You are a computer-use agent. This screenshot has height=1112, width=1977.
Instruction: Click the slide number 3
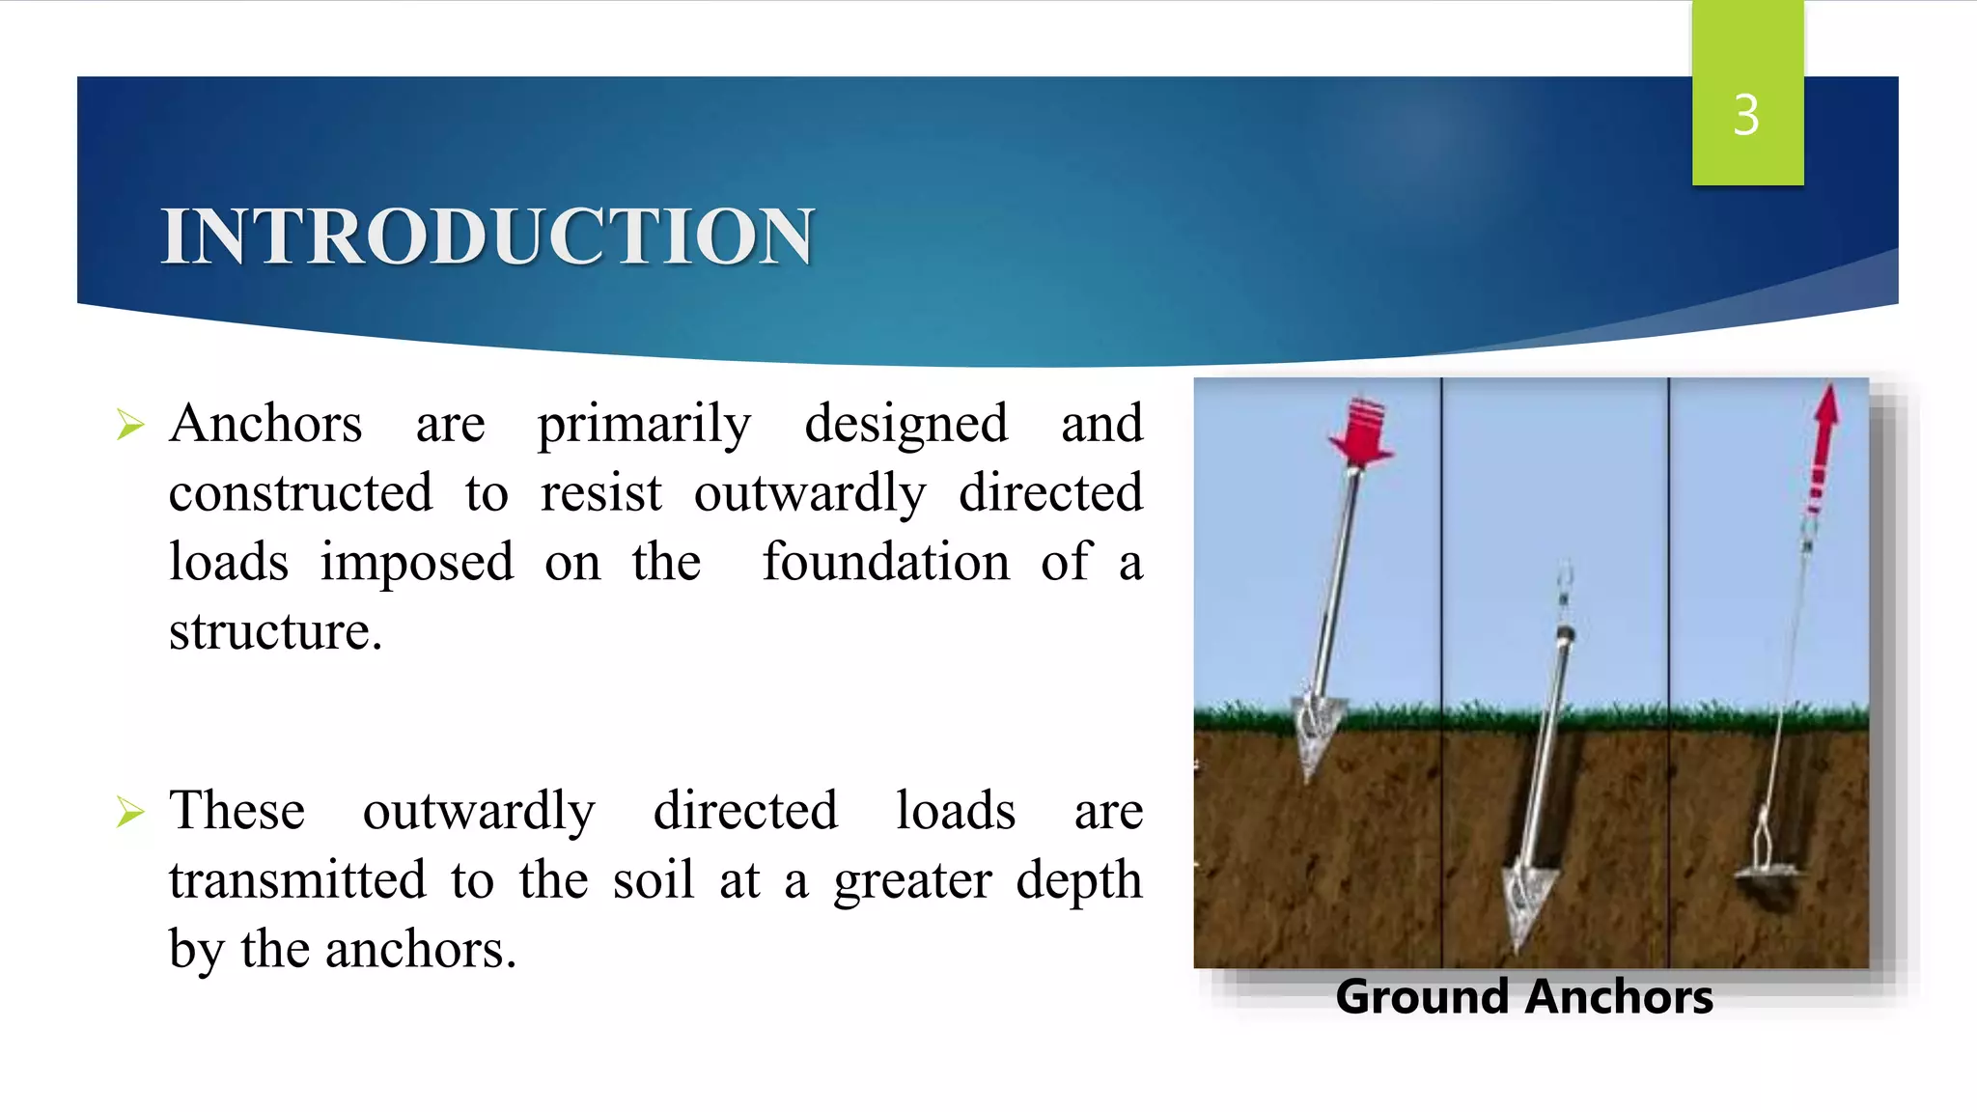(1746, 115)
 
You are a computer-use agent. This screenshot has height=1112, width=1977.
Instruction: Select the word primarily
(644, 425)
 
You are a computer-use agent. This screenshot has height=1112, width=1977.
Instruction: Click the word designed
(905, 425)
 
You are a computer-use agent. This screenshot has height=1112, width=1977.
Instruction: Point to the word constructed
(300, 492)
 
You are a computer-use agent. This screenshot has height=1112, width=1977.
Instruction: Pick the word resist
(600, 492)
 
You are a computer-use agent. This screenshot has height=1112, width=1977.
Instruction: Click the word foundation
(885, 562)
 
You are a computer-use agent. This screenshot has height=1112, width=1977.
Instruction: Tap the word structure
(275, 631)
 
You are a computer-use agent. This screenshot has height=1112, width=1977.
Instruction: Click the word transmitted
(297, 879)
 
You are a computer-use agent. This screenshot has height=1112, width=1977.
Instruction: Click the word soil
(653, 879)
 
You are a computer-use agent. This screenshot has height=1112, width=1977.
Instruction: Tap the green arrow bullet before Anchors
(129, 425)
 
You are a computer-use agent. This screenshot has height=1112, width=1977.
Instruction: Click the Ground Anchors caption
(1524, 997)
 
